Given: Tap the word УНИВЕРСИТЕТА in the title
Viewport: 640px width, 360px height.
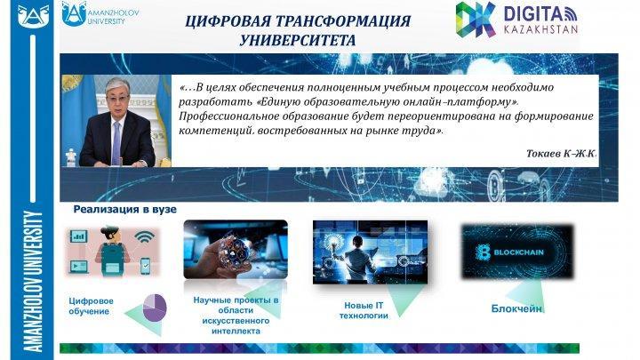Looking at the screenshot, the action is point(297,40).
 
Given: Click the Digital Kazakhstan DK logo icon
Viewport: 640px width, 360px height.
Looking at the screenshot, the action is point(476,20).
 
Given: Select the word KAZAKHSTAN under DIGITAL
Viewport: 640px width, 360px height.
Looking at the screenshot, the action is point(540,29).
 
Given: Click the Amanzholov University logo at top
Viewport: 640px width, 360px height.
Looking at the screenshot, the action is point(100,14).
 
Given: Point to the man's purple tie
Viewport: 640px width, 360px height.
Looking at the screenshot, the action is point(116,143).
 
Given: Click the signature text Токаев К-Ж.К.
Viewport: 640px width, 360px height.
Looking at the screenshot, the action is point(561,154).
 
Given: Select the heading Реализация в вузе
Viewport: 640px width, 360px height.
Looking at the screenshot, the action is point(125,210).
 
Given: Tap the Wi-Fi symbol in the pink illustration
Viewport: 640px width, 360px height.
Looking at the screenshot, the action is point(145,237).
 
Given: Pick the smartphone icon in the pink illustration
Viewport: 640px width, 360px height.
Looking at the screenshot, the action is point(145,266).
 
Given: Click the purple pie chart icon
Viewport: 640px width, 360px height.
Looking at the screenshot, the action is point(155,307).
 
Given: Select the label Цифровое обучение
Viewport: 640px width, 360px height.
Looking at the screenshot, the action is point(91,306).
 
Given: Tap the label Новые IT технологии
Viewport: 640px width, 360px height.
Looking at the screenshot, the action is point(364,310).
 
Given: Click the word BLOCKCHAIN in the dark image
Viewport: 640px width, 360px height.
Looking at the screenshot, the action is point(519,252).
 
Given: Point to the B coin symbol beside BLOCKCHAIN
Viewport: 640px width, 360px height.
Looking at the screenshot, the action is point(483,252).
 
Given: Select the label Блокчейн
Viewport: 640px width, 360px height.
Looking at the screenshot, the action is point(516,308).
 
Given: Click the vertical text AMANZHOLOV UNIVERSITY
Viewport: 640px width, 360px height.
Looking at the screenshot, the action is point(34,281).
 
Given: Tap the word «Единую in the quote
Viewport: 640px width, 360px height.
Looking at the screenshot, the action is point(277,101).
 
